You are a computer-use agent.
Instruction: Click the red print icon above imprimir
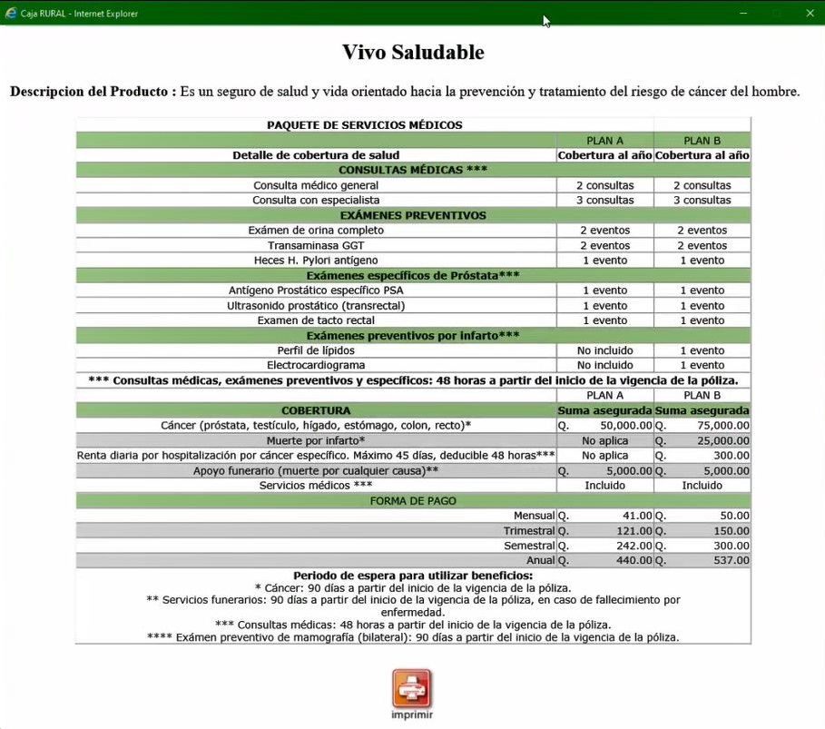pyautogui.click(x=412, y=688)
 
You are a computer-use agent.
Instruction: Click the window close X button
pyautogui.click(x=810, y=13)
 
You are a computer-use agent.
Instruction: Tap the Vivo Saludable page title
pyautogui.click(x=413, y=52)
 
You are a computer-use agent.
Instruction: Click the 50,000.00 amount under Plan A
pyautogui.click(x=620, y=425)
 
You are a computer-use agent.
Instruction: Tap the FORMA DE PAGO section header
pyautogui.click(x=413, y=500)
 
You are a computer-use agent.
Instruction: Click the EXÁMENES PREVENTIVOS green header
pyautogui.click(x=413, y=215)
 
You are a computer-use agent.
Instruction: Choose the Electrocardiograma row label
pyautogui.click(x=316, y=365)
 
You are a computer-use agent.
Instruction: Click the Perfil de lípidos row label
pyautogui.click(x=316, y=350)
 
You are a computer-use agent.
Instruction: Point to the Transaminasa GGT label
pyautogui.click(x=316, y=245)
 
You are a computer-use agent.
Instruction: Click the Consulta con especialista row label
pyautogui.click(x=316, y=200)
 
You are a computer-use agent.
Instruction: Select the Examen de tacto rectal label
pyautogui.click(x=316, y=320)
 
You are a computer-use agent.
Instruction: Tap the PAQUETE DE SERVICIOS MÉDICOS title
pyautogui.click(x=364, y=125)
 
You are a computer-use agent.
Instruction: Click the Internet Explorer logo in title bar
pyautogui.click(x=11, y=13)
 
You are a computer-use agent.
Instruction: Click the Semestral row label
pyautogui.click(x=529, y=546)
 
